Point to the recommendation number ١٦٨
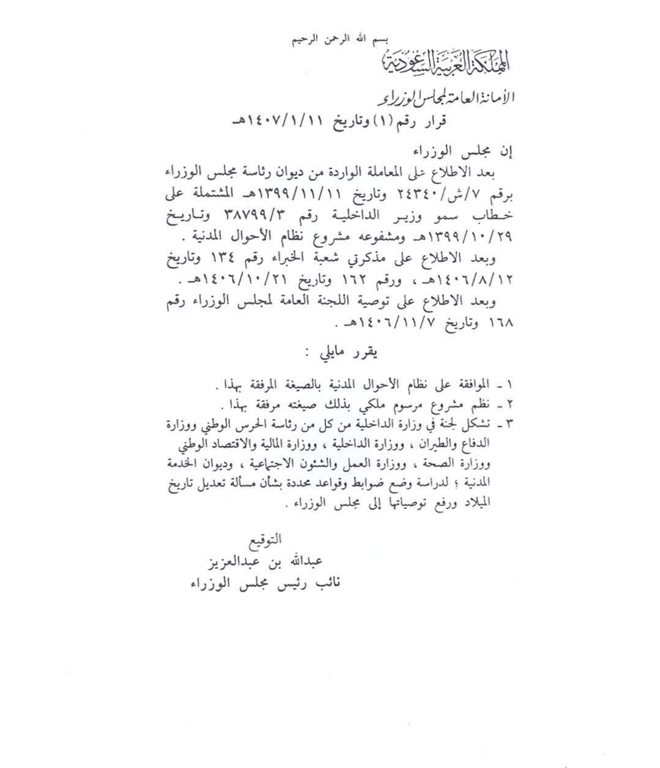[501, 322]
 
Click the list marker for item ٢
[508, 406]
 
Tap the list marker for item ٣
[508, 423]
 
